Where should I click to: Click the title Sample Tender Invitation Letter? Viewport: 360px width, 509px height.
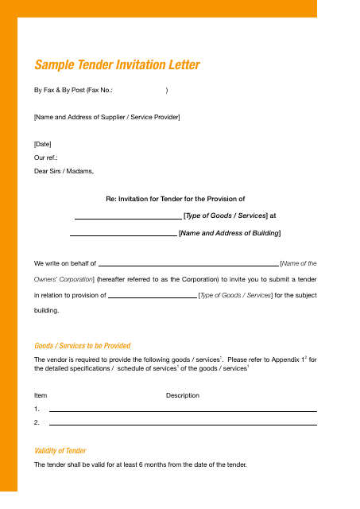pos(117,65)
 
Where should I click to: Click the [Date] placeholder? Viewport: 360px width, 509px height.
pos(43,144)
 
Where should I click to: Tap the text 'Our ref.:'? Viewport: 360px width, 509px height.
pos(46,157)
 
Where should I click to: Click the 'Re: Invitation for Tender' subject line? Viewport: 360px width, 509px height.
pos(175,199)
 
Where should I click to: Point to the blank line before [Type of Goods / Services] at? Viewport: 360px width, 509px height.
pos(128,217)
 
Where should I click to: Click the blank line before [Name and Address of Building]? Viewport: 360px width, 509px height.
pos(123,235)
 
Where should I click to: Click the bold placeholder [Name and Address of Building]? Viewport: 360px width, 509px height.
pos(230,233)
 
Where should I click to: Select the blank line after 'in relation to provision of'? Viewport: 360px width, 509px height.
pos(152,297)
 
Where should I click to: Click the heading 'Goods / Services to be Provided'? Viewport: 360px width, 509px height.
pos(83,346)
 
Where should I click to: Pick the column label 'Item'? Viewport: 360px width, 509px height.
pos(41,395)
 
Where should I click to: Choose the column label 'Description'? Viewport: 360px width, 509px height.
pos(183,395)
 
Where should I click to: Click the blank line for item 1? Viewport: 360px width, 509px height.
pos(183,410)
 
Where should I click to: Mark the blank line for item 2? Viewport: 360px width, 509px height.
pos(183,424)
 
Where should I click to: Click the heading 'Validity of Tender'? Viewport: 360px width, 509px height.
pos(60,451)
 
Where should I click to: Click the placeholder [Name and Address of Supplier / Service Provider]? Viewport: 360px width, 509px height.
pos(106,118)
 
